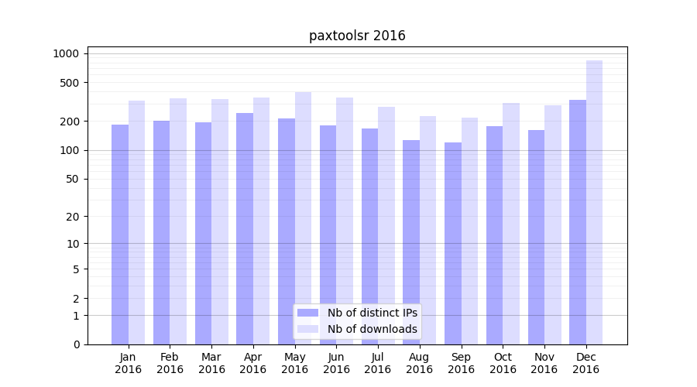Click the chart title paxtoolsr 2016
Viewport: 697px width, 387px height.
pyautogui.click(x=357, y=36)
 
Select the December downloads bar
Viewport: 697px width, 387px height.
pyautogui.click(x=594, y=202)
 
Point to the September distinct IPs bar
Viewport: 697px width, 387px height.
pyautogui.click(x=453, y=243)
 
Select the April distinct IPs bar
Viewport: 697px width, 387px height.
pyautogui.click(x=245, y=228)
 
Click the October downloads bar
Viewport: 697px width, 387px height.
pyautogui.click(x=511, y=224)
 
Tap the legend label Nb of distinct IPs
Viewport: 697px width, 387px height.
pyautogui.click(x=372, y=313)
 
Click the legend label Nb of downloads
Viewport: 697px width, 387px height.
pyautogui.click(x=372, y=329)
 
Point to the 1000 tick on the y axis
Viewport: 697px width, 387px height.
pyautogui.click(x=66, y=53)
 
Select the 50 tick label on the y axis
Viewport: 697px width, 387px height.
pyautogui.click(x=71, y=179)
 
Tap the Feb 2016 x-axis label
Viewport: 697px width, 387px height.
pyautogui.click(x=170, y=363)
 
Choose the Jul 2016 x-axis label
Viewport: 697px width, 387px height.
pyautogui.click(x=378, y=363)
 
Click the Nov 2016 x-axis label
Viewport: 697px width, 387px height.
pyautogui.click(x=544, y=363)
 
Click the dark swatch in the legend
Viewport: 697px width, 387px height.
pyautogui.click(x=308, y=313)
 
